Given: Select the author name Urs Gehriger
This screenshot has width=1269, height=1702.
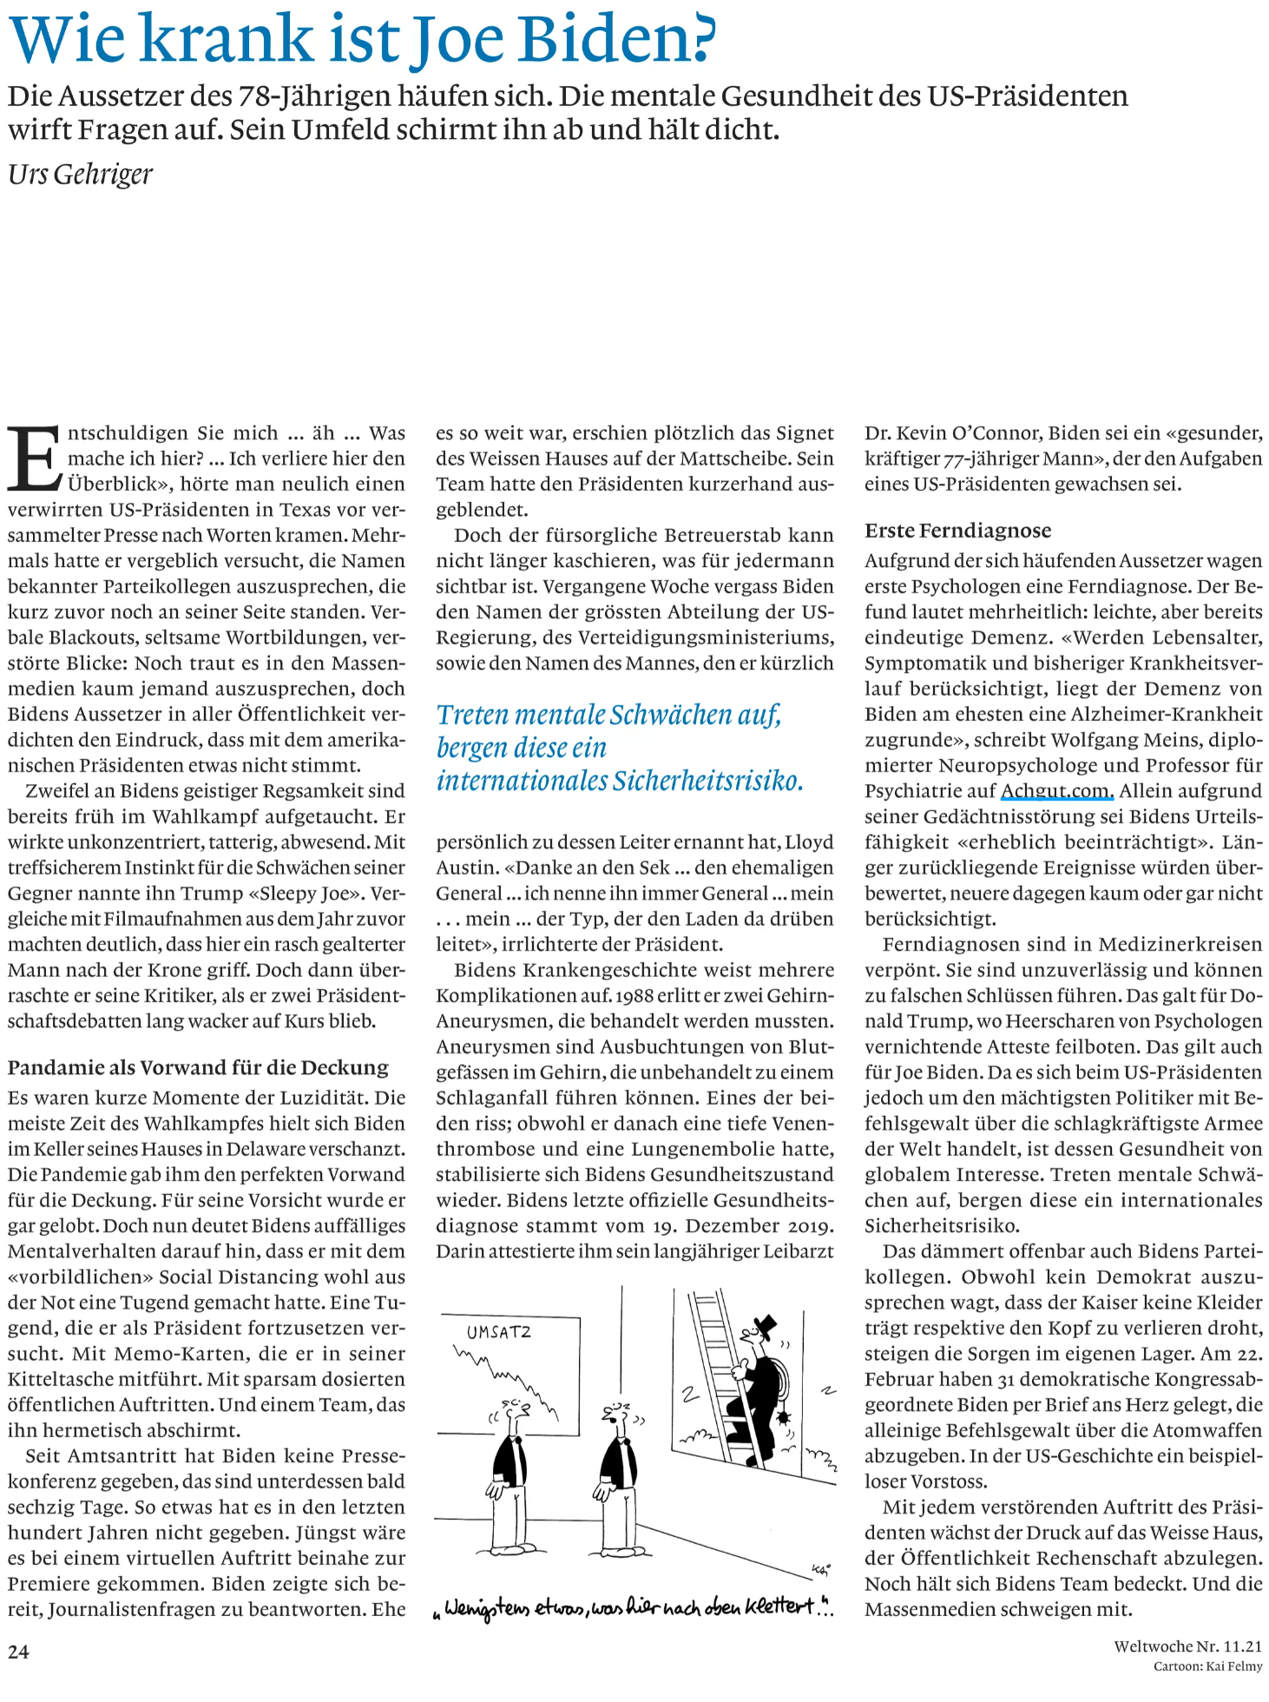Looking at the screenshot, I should pos(80,175).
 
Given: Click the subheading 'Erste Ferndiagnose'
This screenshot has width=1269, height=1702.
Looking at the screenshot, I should pos(957,531).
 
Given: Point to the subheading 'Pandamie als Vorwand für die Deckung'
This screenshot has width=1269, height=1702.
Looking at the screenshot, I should pos(198,1067).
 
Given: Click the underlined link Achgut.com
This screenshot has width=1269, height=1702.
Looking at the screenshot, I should pos(1056,791).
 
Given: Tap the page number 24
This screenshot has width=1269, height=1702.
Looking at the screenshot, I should pos(18,1652).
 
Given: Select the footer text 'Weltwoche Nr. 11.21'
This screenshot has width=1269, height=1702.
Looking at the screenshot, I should pos(1187,1646).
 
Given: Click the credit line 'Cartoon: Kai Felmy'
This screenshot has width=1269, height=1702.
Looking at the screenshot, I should pos(1207,1666).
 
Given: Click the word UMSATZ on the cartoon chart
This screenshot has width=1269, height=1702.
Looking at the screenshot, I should pos(498,1332).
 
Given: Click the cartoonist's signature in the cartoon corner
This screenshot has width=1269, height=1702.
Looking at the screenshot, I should pos(820,1569).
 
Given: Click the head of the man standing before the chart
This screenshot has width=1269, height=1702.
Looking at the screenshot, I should pos(516,1410).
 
